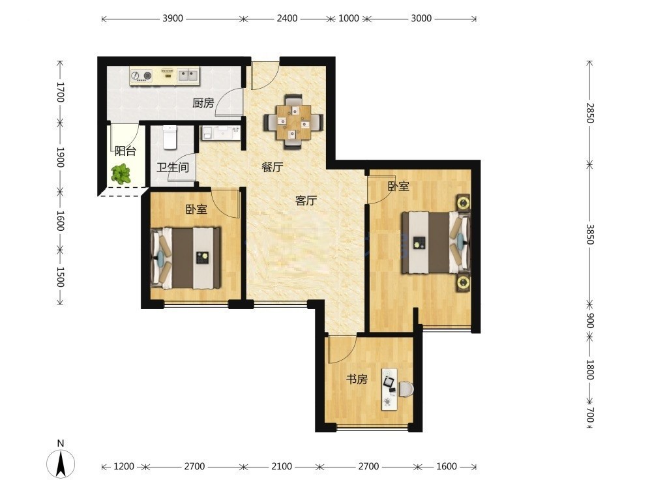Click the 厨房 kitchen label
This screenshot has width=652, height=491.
point(203,102)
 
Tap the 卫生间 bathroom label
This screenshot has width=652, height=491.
point(173,168)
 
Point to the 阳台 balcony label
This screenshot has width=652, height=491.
point(125,151)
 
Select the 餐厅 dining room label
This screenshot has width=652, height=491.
point(273,167)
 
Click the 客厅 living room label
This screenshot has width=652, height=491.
point(306,201)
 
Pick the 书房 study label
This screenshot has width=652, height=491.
point(357,379)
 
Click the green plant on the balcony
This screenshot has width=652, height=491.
point(121,174)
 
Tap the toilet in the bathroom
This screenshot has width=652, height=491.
point(170,137)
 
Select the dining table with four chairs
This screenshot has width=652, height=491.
point(293,121)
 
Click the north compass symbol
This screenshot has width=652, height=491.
point(61,463)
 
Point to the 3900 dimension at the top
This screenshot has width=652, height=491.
point(173,18)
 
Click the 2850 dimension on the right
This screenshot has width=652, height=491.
point(589,113)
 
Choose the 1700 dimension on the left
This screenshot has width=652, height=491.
point(60,92)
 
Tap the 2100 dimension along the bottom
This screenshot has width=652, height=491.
point(282,466)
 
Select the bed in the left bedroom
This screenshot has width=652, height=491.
point(186,258)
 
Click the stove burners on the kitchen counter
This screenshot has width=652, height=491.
point(141,76)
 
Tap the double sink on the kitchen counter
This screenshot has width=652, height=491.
point(188,75)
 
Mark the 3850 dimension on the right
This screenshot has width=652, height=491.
point(589,235)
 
